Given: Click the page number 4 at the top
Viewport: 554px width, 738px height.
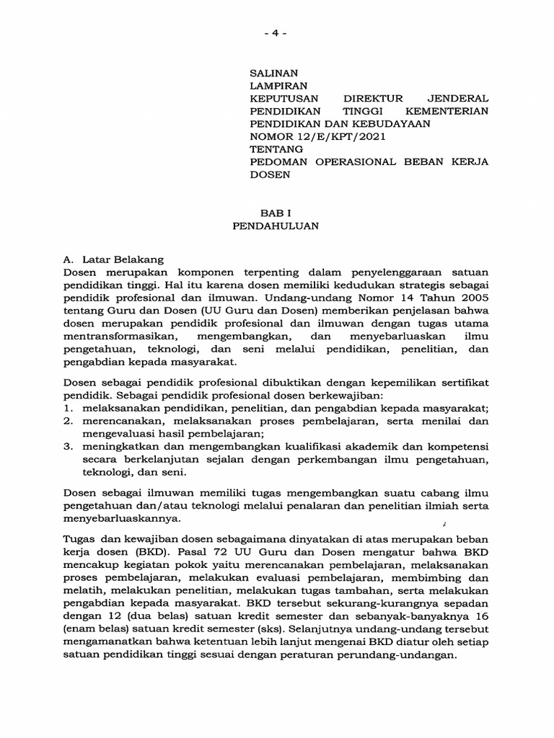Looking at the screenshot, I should [x=278, y=33].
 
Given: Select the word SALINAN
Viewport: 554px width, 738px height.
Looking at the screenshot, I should [x=273, y=73].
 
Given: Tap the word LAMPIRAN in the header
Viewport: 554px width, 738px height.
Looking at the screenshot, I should [x=276, y=85].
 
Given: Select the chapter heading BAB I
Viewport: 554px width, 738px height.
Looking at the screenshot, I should [x=277, y=212].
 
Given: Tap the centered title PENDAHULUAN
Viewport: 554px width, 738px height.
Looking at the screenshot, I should [x=277, y=225].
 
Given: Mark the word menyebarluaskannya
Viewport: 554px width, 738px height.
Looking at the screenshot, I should [x=120, y=518].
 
